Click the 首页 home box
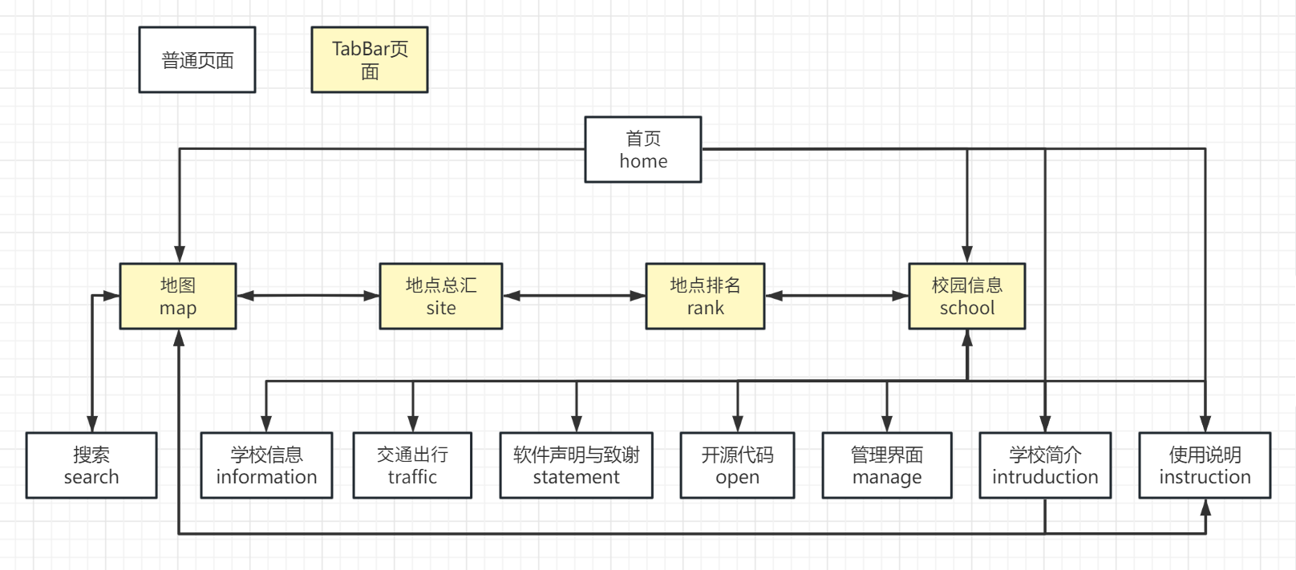642,150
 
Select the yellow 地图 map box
178,297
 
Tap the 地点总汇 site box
440,297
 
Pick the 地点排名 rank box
705,297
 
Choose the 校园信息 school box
966,297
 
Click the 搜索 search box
91,466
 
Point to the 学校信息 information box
266,466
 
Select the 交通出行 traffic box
412,466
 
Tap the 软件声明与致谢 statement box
576,466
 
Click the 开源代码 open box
737,466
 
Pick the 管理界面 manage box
887,466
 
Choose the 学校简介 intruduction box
1045,466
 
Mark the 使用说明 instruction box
1205,466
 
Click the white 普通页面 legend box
197,60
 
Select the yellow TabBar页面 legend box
370,60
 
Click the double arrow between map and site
308,296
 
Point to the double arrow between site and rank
574,296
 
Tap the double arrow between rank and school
836,296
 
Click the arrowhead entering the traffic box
413,424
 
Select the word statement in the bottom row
576,478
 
